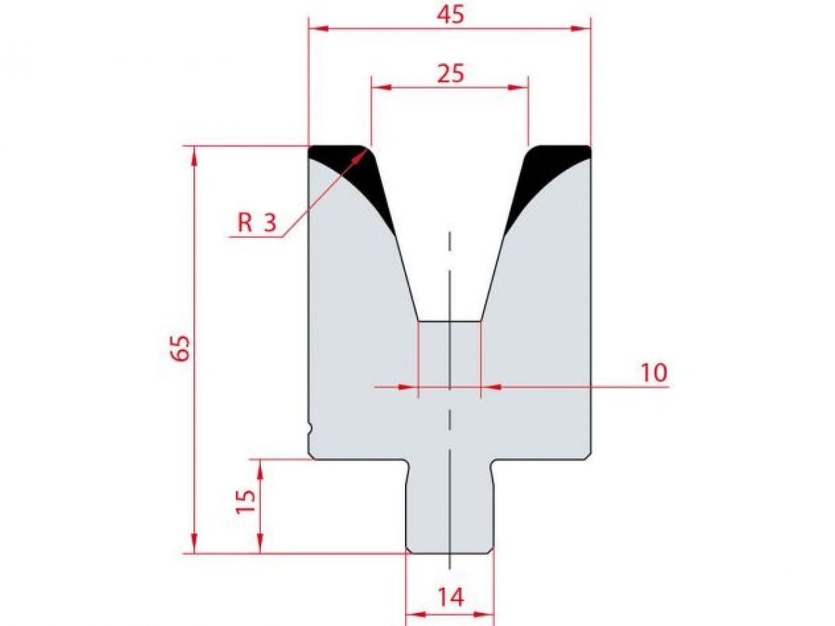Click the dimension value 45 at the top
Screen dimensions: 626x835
(450, 15)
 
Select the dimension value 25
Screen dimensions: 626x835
(450, 73)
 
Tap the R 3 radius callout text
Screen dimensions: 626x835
(257, 223)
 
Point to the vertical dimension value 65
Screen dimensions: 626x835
(180, 348)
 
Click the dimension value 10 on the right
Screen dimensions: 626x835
(653, 373)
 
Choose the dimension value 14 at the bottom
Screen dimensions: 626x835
(450, 597)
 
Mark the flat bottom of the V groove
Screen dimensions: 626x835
(450, 321)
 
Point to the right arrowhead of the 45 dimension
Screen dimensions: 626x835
(582, 29)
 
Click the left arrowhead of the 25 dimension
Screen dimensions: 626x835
(380, 87)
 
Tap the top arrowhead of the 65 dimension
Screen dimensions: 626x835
(194, 154)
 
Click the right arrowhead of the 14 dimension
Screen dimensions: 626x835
(485, 614)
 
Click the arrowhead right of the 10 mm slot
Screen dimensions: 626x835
(490, 386)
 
